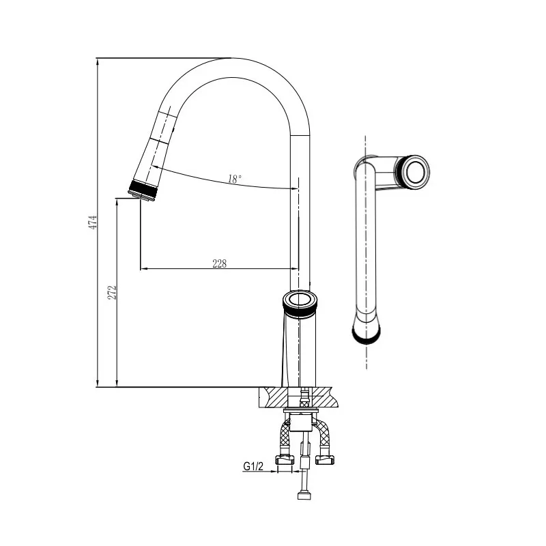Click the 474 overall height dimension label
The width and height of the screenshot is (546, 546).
tap(93, 222)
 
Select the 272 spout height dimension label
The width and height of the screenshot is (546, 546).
tap(112, 293)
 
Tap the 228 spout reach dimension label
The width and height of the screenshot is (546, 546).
tap(219, 263)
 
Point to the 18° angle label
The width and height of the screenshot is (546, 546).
tap(235, 179)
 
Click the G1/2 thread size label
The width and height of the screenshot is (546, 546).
tap(253, 466)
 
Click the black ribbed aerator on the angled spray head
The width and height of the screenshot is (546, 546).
tap(143, 190)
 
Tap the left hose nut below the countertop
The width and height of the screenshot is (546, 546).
tap(285, 460)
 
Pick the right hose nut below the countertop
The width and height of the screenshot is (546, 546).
tap(325, 460)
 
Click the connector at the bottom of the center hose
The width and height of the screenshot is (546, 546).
tap(304, 495)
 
